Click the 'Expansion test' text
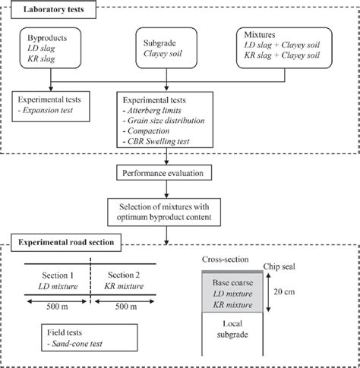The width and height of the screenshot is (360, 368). (x=56, y=110)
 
